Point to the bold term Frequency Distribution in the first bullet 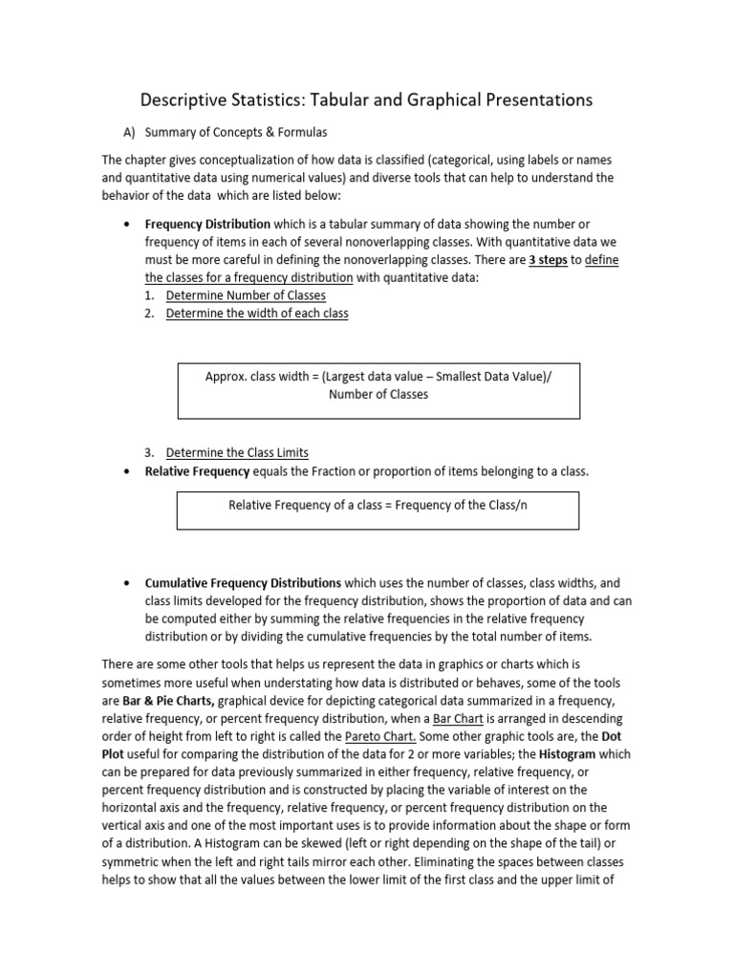click(x=207, y=224)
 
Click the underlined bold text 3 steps click(x=548, y=260)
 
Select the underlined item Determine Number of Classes click(x=246, y=295)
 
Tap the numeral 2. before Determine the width click(x=150, y=314)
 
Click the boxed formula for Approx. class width click(x=378, y=385)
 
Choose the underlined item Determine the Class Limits click(x=237, y=452)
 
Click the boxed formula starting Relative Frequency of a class click(x=378, y=505)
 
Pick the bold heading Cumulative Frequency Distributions click(x=243, y=582)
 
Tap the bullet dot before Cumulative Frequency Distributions click(x=128, y=582)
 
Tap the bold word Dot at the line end click(x=611, y=736)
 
